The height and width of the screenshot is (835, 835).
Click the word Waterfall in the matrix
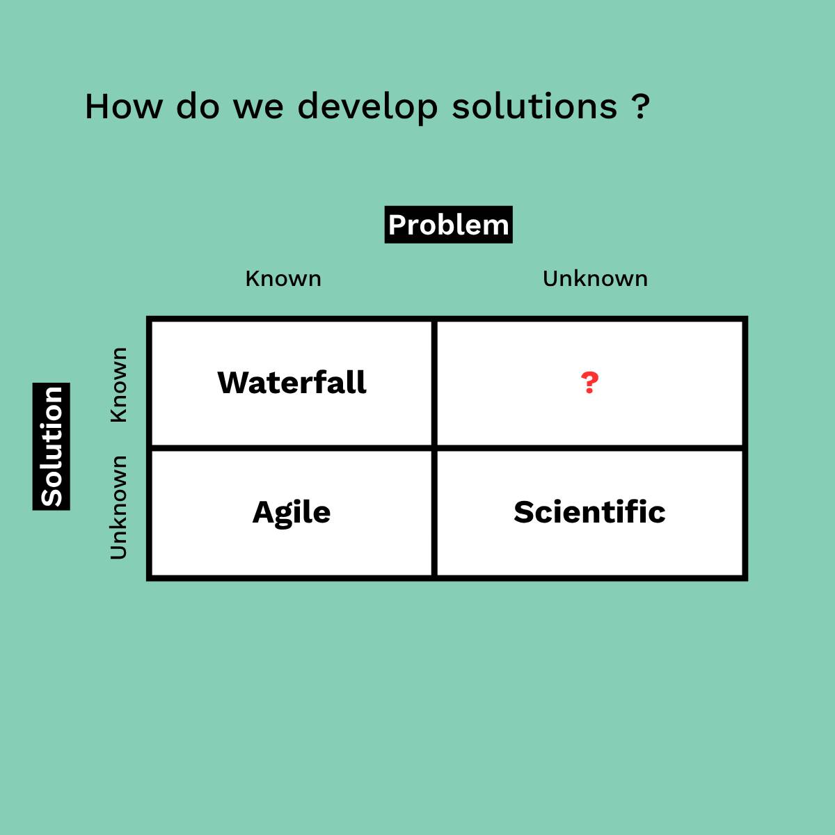(292, 383)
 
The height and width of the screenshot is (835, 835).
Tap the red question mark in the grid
(589, 383)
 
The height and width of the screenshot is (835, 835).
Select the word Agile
(291, 514)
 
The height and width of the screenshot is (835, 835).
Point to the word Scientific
(589, 511)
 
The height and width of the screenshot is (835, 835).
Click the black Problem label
(449, 225)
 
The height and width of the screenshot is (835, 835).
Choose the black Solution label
(51, 446)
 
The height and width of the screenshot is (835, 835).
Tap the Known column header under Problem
(283, 278)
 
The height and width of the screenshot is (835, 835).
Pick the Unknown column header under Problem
(595, 278)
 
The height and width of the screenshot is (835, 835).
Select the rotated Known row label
(118, 385)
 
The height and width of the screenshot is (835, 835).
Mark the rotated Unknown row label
(118, 507)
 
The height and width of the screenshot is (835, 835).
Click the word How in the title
(124, 106)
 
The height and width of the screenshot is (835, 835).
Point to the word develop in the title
(367, 109)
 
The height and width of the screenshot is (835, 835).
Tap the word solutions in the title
(534, 106)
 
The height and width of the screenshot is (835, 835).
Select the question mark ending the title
(640, 106)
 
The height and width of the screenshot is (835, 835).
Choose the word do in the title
(198, 106)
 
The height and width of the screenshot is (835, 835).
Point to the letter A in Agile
(264, 511)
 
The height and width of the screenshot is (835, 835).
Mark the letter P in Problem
(398, 225)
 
